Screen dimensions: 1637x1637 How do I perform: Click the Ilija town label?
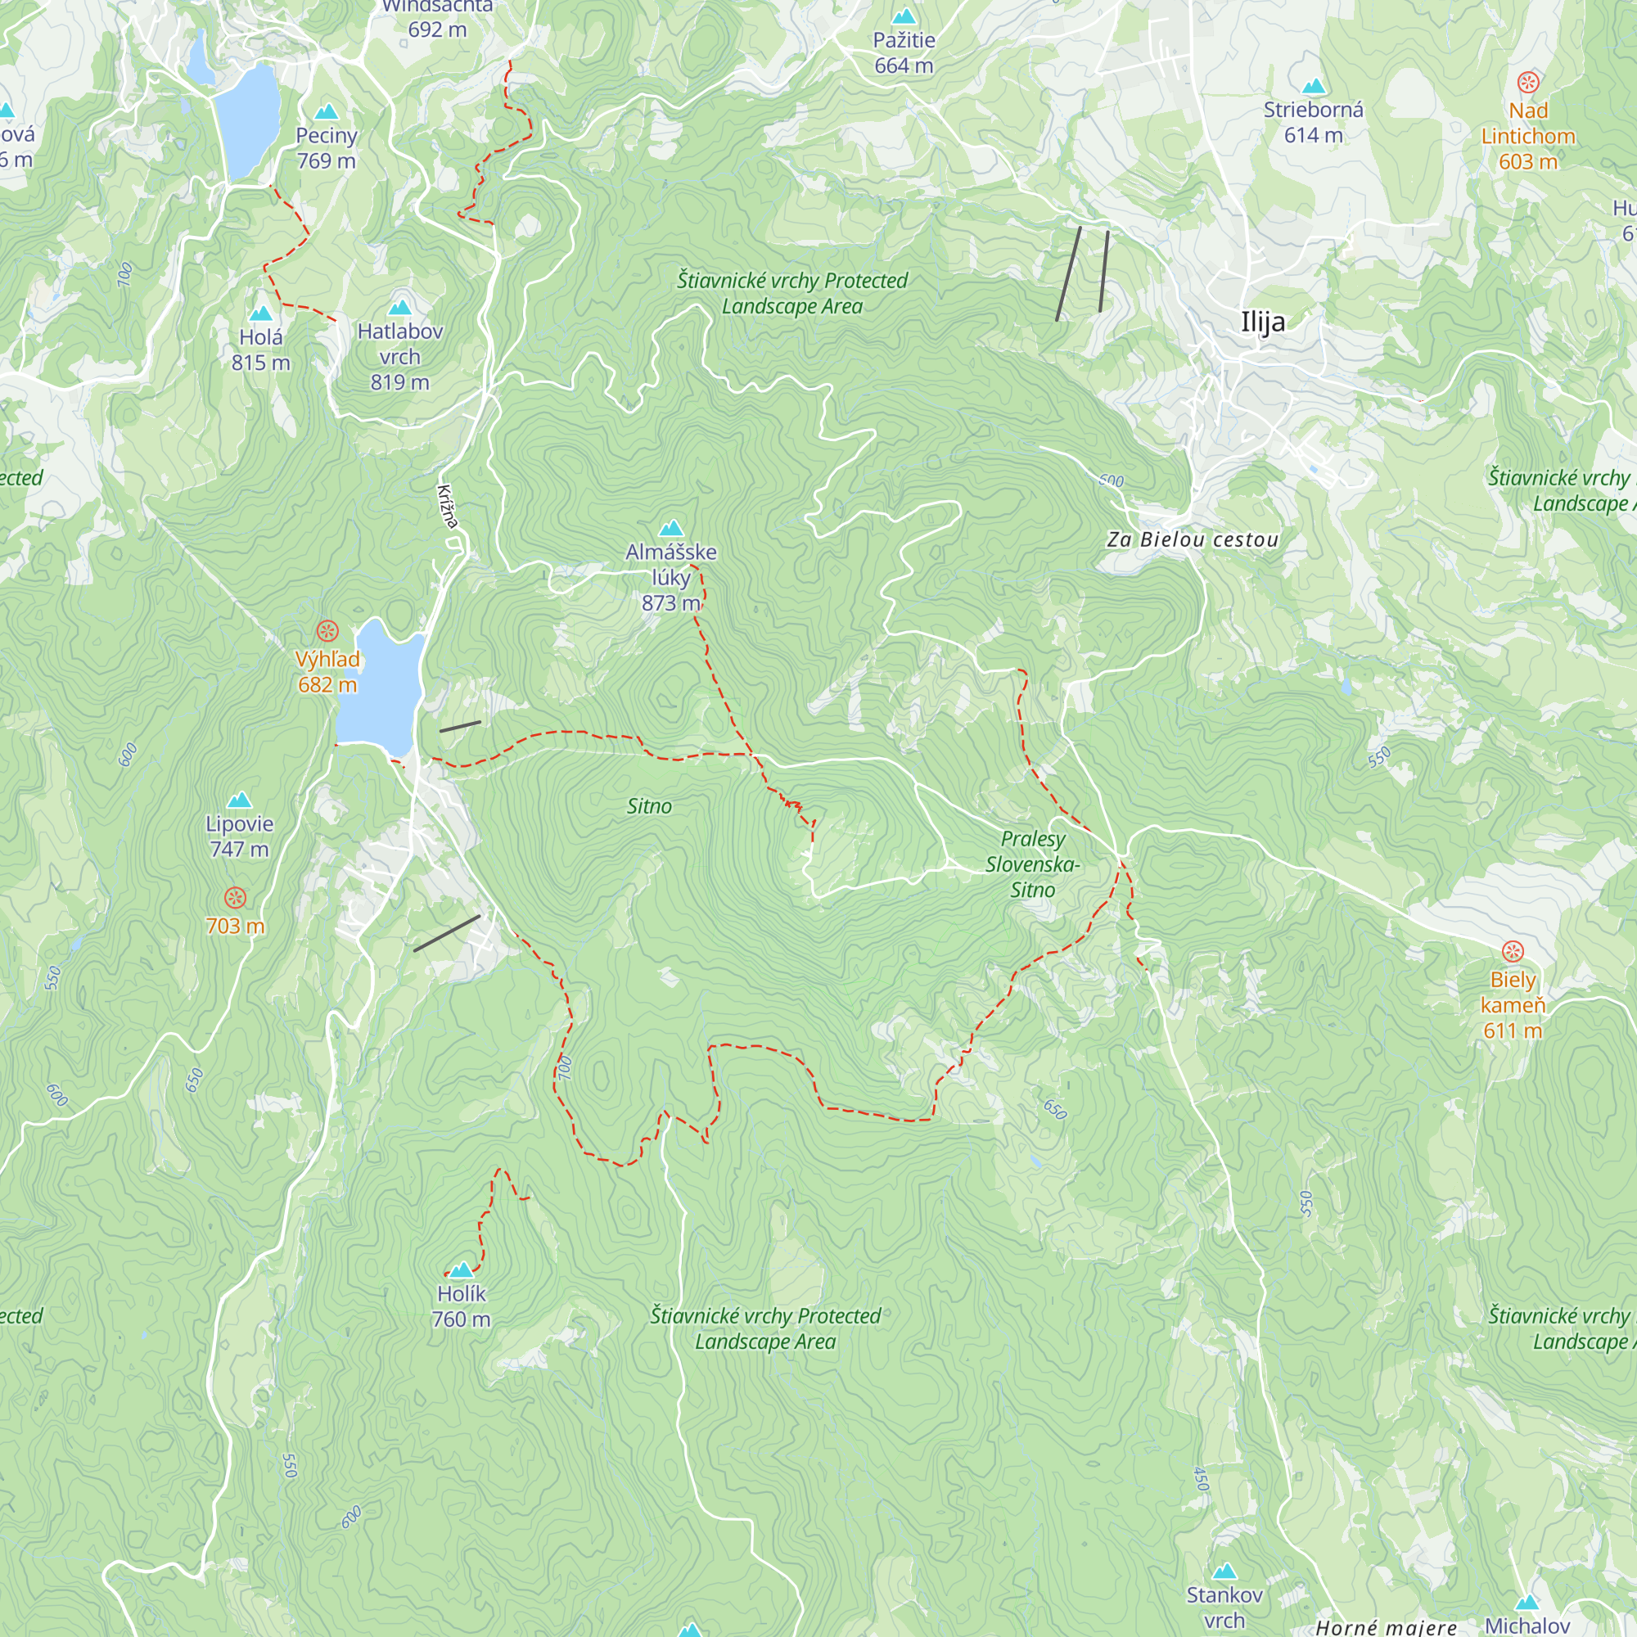tap(1261, 322)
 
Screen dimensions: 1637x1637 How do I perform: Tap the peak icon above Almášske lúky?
tap(671, 529)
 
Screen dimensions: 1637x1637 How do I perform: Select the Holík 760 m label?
tap(461, 1306)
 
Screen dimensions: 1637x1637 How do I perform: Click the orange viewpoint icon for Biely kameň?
tap(1513, 952)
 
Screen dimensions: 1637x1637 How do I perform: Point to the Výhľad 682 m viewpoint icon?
tap(327, 631)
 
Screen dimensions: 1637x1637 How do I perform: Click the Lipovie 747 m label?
tap(240, 836)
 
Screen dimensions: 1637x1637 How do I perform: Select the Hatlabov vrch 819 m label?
tap(400, 356)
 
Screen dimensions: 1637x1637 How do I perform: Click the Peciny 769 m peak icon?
tap(327, 112)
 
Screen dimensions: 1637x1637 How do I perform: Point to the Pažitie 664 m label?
tap(904, 52)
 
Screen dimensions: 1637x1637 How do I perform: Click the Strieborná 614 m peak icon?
tap(1314, 87)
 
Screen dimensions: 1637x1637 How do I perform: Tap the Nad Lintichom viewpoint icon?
tap(1527, 83)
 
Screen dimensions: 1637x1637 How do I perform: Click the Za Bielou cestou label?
tap(1193, 539)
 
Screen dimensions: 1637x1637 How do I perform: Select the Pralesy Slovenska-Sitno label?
tap(1032, 864)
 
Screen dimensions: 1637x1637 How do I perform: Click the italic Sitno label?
tap(649, 805)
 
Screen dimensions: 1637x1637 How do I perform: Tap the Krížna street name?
tap(449, 507)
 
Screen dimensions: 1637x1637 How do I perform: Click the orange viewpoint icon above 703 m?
tap(236, 897)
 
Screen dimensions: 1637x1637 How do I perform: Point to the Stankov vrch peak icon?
tap(1224, 1572)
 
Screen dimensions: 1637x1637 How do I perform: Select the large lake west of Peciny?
tap(246, 119)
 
